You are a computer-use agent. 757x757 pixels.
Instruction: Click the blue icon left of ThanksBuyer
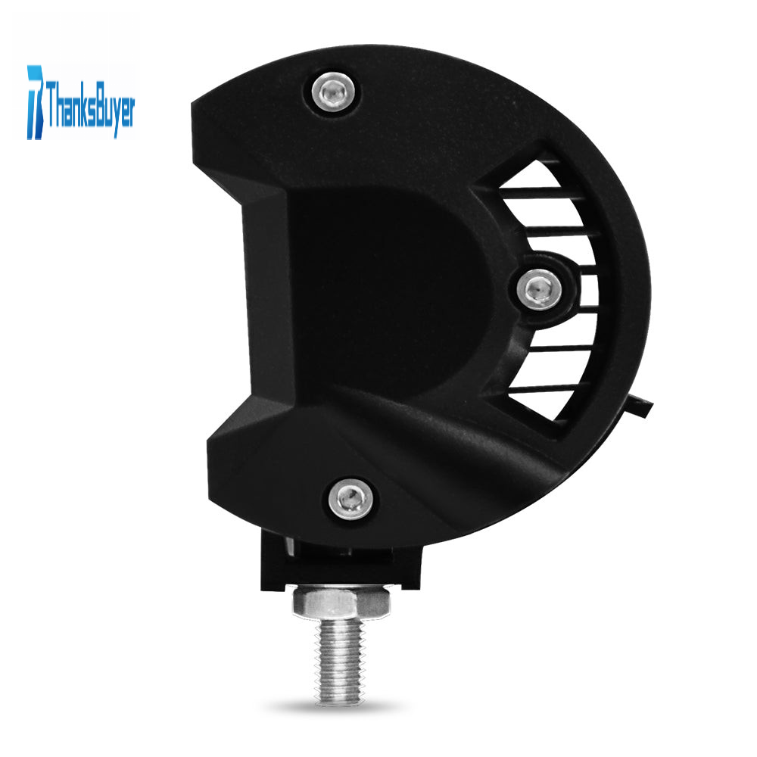(35, 102)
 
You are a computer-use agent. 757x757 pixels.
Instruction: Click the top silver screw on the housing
(333, 92)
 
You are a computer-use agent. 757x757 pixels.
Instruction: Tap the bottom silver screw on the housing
(351, 499)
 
